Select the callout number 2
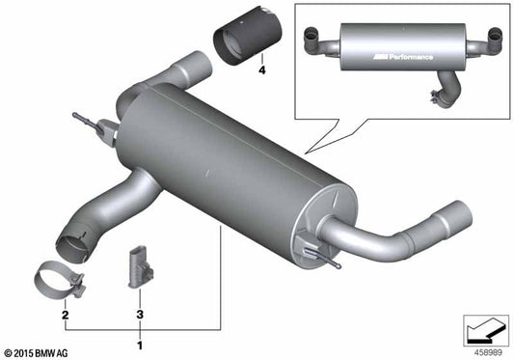tap(66, 315)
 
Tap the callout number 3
tap(139, 315)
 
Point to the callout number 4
tap(260, 69)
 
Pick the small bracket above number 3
tap(135, 266)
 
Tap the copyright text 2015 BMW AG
tap(43, 350)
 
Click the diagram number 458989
tap(487, 350)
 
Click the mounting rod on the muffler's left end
tap(92, 125)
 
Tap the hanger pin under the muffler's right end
tap(322, 256)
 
